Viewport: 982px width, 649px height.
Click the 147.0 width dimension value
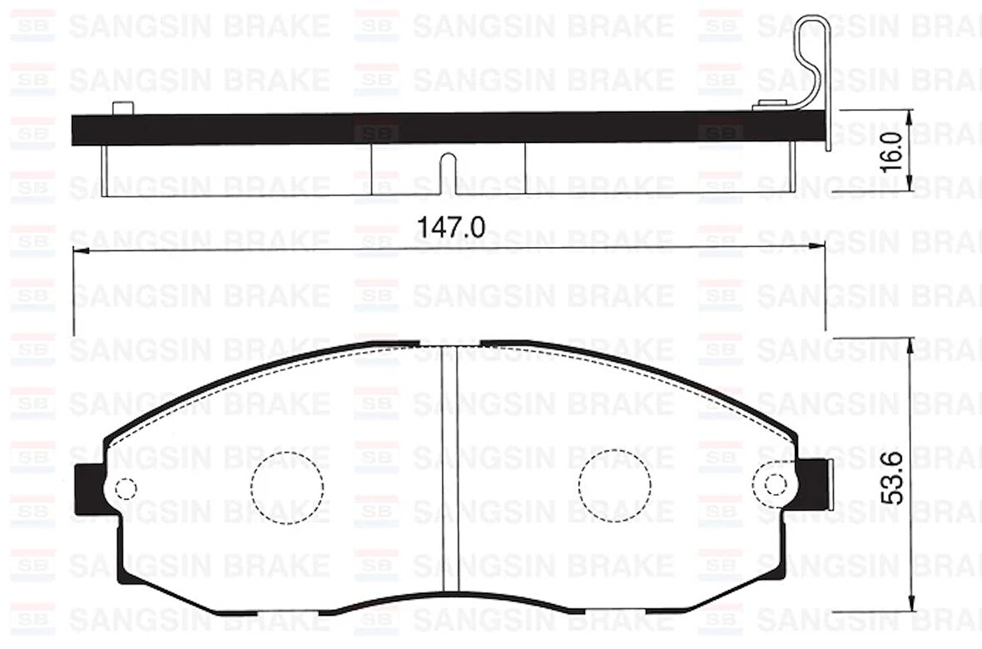pos(449,227)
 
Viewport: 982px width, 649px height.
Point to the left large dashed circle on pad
pos(287,487)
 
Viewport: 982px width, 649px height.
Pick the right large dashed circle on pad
pos(615,487)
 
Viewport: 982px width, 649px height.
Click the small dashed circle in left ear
pos(126,488)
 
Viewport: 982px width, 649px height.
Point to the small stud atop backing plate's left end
pos(122,107)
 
